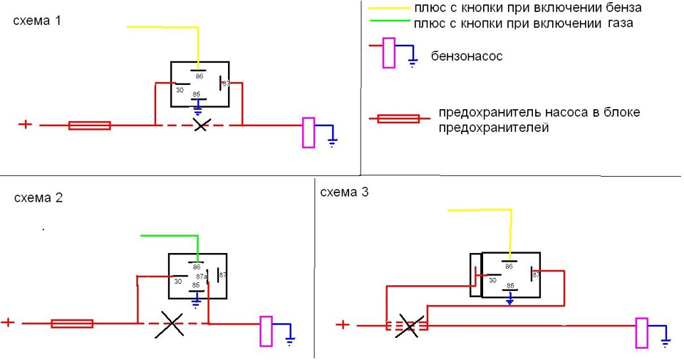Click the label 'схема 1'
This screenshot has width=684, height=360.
[37, 21]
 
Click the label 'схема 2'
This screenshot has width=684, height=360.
[38, 198]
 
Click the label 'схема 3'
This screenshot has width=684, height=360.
[344, 192]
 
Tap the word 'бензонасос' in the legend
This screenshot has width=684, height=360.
[467, 56]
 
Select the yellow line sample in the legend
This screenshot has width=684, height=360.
[388, 9]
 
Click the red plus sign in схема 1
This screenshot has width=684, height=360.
[25, 124]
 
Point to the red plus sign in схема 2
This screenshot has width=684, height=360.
[8, 322]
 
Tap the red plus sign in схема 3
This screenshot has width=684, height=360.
[343, 325]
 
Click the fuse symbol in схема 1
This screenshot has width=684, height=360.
[89, 125]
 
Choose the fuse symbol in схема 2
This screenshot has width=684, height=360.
[72, 324]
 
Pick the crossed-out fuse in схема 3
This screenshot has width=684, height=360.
[408, 326]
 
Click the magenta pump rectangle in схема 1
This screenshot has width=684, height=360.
[309, 133]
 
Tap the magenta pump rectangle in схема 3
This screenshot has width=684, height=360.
[641, 334]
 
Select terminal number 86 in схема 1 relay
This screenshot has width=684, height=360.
[199, 76]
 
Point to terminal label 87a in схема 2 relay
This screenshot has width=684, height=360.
[202, 277]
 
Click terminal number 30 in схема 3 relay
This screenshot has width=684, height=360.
[492, 280]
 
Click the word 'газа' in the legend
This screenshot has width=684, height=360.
[617, 23]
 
